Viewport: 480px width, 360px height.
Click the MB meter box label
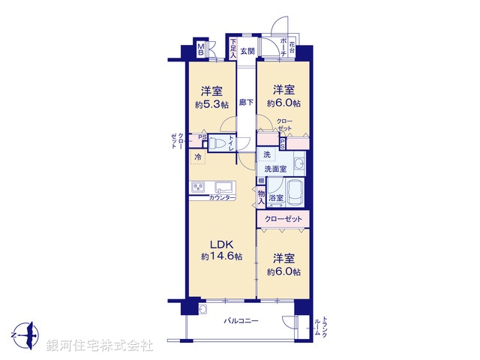[201, 50]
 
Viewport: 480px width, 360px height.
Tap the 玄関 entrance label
[247, 51]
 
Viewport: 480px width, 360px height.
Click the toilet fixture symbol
[217, 142]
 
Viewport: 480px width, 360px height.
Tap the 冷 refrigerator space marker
[198, 157]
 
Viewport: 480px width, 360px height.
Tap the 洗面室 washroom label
[275, 169]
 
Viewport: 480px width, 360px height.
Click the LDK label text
[221, 244]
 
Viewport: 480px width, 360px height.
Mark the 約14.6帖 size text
[221, 256]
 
